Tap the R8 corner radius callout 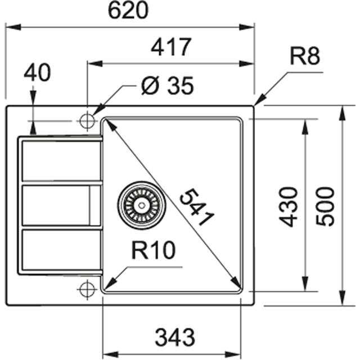click(305, 57)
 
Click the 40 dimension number click(38, 73)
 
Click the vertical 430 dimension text click(289, 206)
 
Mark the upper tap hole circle click(87, 120)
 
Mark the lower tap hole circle click(87, 290)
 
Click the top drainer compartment click(61, 160)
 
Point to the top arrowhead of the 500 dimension click(342, 111)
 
